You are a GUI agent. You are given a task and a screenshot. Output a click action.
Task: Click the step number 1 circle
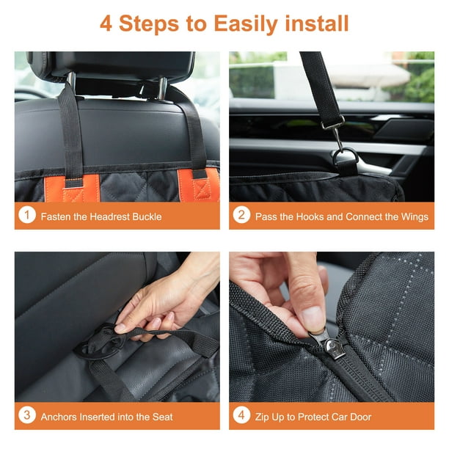tap(26, 216)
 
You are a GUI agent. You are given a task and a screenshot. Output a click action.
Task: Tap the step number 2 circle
tap(241, 216)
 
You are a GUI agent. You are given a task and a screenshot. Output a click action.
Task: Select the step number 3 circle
tap(26, 416)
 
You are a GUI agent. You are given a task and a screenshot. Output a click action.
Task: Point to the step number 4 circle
tap(241, 416)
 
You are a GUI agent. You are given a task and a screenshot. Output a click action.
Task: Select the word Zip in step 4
tap(263, 417)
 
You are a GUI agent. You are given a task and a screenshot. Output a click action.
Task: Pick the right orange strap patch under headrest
tap(202, 188)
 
